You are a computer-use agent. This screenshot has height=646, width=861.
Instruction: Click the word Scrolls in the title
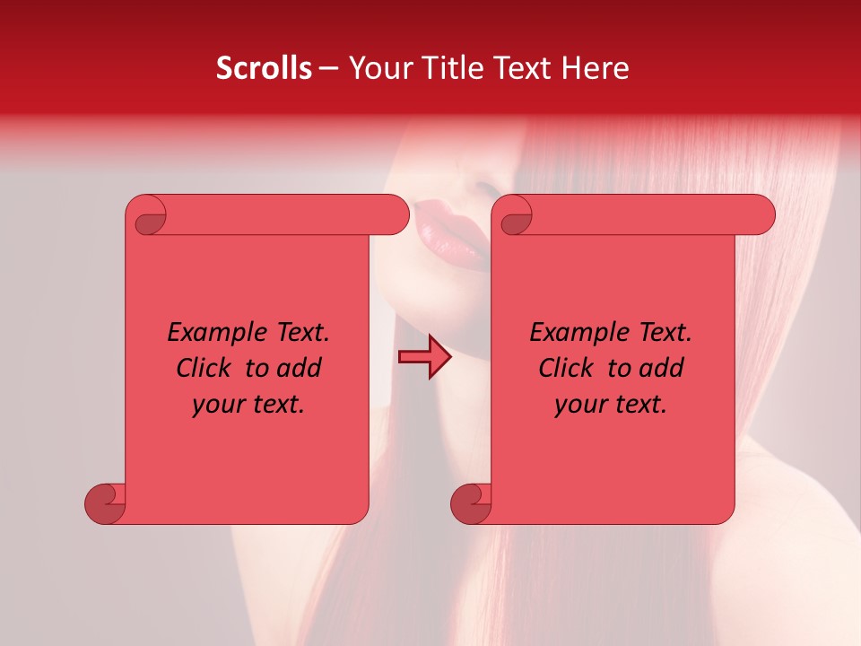click(264, 68)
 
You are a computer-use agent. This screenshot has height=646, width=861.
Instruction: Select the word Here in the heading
click(596, 68)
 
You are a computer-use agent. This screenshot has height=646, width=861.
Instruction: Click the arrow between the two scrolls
click(424, 357)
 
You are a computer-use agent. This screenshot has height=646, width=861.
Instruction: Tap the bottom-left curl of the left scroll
click(105, 503)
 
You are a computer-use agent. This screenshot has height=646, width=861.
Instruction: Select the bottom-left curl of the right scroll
click(471, 503)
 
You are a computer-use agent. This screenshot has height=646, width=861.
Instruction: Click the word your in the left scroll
click(219, 405)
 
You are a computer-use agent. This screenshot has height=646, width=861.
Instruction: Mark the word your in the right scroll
click(581, 405)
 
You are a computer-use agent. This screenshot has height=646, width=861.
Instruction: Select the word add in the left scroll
click(300, 368)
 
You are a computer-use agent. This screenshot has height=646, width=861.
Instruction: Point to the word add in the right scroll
click(662, 368)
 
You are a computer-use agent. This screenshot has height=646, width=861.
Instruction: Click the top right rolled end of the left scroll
click(395, 215)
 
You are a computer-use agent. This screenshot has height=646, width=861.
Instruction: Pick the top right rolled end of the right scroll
click(761, 215)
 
